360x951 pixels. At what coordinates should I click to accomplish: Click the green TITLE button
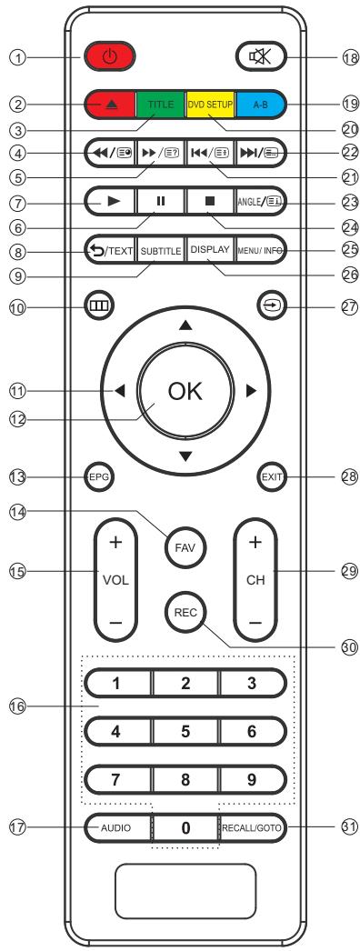click(161, 105)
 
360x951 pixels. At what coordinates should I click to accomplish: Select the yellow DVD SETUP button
click(210, 105)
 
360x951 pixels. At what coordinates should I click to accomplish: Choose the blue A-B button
click(259, 105)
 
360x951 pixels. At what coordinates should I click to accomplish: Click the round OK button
click(185, 392)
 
